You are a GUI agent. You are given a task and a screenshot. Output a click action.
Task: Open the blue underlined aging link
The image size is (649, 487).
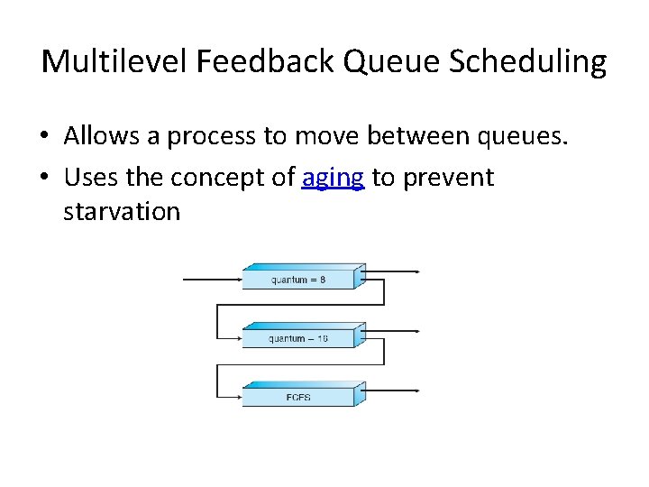coord(333,178)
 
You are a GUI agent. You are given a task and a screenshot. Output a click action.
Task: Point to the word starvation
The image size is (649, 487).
coord(122,212)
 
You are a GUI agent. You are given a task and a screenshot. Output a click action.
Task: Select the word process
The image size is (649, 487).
coord(206,135)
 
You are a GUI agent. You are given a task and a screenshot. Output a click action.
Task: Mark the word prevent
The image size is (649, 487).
coord(448,178)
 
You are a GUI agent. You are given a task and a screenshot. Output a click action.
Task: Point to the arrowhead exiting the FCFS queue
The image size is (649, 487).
coord(416,391)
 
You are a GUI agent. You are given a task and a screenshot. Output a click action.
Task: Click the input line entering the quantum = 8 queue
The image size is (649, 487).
coord(212,280)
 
